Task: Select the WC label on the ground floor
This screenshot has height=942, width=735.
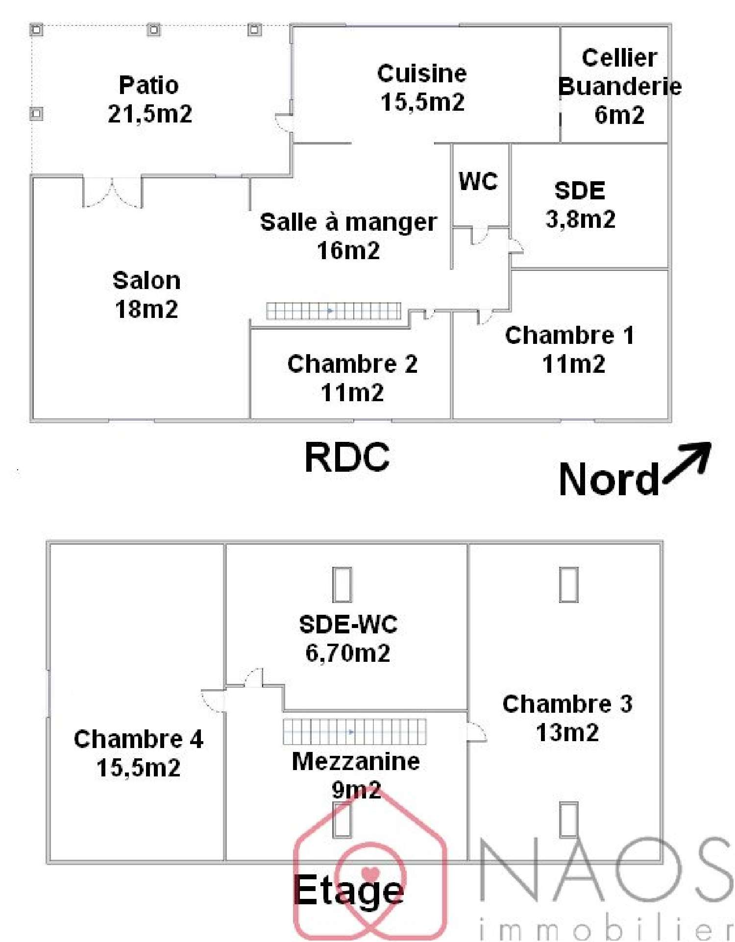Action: [478, 181]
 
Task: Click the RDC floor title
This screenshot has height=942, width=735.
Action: [347, 457]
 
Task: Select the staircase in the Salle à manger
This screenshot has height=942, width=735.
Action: [333, 311]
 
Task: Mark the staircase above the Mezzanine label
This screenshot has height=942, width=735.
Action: [354, 731]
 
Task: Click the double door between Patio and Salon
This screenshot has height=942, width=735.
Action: [113, 193]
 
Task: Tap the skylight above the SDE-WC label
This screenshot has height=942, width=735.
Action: [342, 584]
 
